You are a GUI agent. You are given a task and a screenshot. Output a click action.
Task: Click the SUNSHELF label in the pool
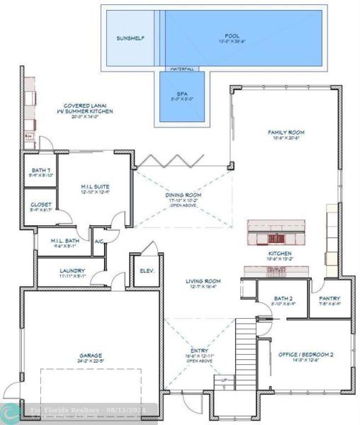[130, 38]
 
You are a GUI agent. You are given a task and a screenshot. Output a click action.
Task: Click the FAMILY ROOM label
[286, 132]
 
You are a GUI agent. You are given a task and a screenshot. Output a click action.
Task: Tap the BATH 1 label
[40, 171]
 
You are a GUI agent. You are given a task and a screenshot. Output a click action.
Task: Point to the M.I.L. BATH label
[63, 241]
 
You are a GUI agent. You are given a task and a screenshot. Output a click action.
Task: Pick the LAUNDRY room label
[73, 271]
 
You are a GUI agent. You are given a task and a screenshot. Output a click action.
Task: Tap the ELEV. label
[147, 271]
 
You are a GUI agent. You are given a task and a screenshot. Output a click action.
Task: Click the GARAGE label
[90, 356]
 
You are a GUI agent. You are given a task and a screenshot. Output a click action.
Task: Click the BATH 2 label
[278, 299]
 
